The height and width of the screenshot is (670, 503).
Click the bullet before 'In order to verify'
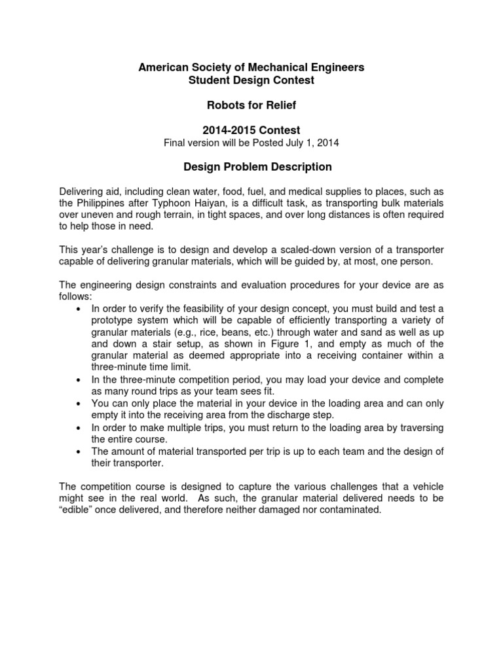(79, 297)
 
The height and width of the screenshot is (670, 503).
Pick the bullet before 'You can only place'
(79, 404)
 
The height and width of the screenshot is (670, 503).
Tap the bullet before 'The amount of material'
(79, 451)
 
